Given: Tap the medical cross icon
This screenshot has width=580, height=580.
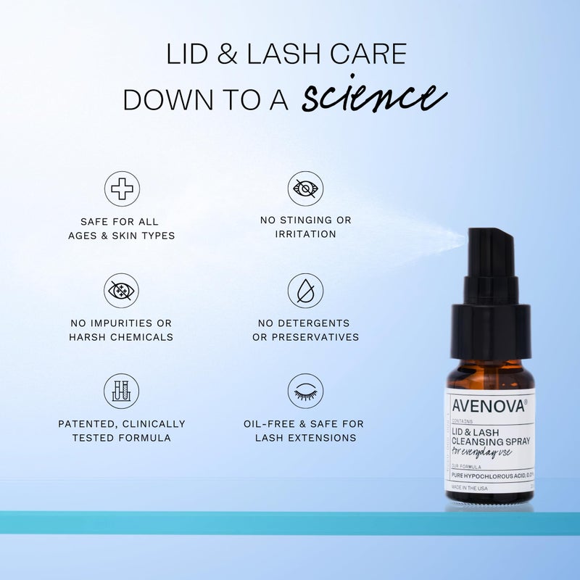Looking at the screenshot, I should point(122,188).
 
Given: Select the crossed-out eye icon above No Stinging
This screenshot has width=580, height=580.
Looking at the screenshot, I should point(305,188).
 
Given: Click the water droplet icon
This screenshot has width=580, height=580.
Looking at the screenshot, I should point(305,290).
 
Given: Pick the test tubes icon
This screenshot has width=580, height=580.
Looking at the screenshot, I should point(122,391).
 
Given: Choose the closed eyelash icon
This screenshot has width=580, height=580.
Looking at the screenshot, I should point(305,391).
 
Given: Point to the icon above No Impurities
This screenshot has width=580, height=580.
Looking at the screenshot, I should point(122,290).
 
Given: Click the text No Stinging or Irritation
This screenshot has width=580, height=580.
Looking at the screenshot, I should point(305,227).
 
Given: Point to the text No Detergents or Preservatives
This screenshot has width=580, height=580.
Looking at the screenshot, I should point(305,329).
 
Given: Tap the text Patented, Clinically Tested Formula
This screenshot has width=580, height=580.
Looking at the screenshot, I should point(122,431).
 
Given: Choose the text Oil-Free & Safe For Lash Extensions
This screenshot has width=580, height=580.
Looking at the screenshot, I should point(305,431).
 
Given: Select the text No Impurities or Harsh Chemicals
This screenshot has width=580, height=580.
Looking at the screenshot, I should point(122,329).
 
